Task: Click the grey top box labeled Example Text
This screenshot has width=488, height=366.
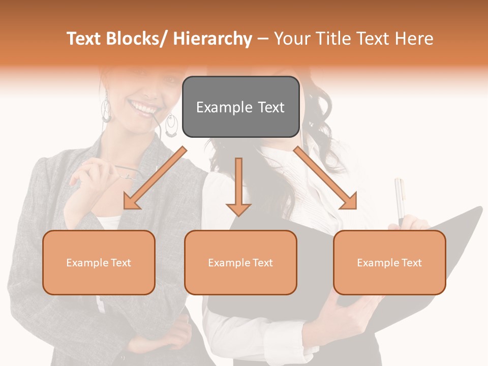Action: pyautogui.click(x=240, y=107)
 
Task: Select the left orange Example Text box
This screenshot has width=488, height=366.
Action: pyautogui.click(x=99, y=262)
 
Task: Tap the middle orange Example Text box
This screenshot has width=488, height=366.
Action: pyautogui.click(x=240, y=262)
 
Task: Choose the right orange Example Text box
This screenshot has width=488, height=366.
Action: pyautogui.click(x=389, y=262)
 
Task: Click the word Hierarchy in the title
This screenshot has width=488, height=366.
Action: pyautogui.click(x=212, y=39)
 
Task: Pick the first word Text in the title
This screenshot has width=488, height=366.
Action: pyautogui.click(x=85, y=39)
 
